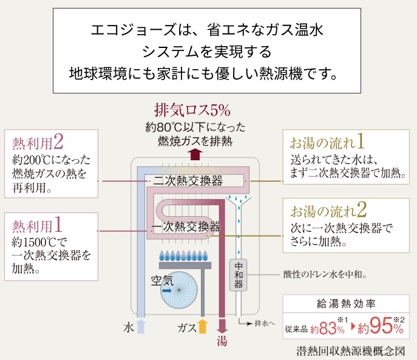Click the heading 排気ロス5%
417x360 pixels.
pos(192,110)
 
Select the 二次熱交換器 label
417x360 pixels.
pos(188,180)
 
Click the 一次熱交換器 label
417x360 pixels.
pos(186,227)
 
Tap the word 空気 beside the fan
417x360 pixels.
pos(162,280)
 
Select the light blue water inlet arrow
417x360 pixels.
pos(141,327)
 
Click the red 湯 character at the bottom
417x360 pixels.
pos(222,341)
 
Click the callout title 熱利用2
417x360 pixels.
pos(38,143)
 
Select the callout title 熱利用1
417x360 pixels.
pos(38,226)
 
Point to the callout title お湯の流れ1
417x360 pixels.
pos(327,143)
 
